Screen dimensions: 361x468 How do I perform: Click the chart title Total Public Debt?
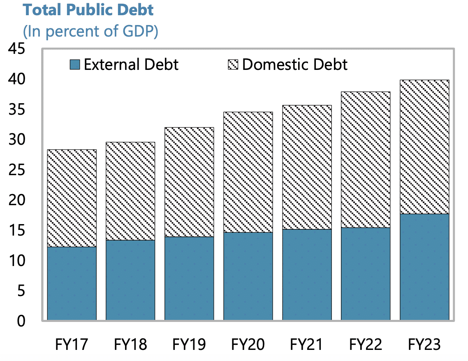88,10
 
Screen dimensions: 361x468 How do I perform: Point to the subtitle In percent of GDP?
91,32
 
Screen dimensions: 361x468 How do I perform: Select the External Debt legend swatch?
74,65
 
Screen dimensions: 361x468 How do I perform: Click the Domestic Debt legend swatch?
233,65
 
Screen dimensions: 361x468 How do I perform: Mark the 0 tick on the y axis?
21,321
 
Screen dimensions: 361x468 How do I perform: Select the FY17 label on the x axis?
72,344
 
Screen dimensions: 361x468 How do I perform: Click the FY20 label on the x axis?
248,344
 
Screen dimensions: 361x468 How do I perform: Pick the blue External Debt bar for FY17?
72,283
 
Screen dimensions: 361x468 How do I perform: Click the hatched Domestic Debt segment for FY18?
130,191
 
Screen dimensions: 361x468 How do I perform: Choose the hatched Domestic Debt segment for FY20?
248,172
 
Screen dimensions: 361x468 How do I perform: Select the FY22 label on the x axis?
366,344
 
